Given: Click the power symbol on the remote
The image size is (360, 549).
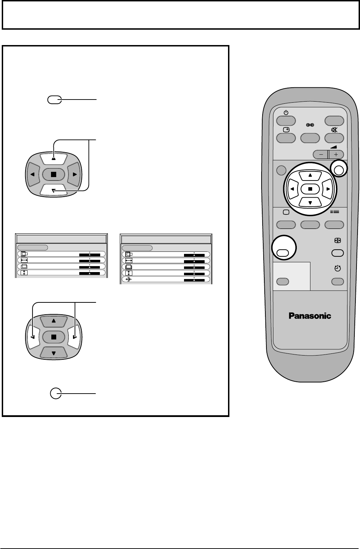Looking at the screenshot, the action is (286, 113).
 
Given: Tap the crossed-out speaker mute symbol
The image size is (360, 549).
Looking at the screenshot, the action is (334, 130).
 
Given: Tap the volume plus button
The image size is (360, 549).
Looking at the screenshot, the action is (336, 154).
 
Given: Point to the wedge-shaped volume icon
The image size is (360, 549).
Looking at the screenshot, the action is (334, 147).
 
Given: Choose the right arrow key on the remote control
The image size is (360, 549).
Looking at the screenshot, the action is (328, 189).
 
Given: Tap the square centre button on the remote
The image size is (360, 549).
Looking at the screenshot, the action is (310, 189).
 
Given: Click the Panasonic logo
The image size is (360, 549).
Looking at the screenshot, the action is (310, 316).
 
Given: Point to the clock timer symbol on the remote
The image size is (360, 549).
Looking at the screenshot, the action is (337, 269).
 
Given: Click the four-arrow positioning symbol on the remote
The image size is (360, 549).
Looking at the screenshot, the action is (337, 241).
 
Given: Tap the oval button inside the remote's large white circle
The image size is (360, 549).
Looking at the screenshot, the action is (284, 253).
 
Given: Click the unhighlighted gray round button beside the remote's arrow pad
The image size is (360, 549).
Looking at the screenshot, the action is (281, 170).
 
